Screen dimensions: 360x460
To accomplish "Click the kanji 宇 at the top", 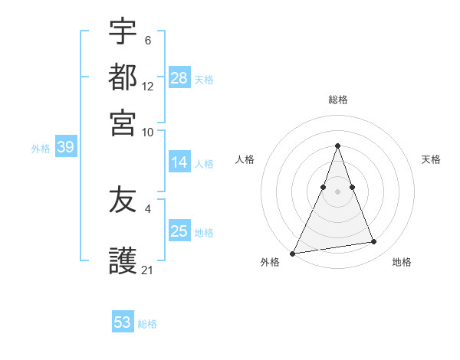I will [123, 33].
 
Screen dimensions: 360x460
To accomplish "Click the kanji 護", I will [123, 259].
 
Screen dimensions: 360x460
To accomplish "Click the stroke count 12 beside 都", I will [148, 87].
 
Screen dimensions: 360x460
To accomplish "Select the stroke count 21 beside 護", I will [148, 270].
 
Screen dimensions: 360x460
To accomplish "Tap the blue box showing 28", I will [179, 77].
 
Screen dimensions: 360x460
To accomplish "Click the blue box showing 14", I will [179, 162].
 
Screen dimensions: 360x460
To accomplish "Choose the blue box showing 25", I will [179, 231].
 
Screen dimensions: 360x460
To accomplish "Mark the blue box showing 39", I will [65, 148].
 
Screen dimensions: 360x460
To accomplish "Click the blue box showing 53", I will [123, 322].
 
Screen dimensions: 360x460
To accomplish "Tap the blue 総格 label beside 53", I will [147, 324].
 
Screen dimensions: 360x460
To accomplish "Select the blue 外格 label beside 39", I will [41, 149].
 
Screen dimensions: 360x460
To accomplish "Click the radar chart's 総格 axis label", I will [337, 100].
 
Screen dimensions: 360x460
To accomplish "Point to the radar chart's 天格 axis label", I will [431, 159].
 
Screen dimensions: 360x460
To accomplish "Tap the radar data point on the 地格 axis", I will [374, 242].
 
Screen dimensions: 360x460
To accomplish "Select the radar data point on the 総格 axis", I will [337, 146].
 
